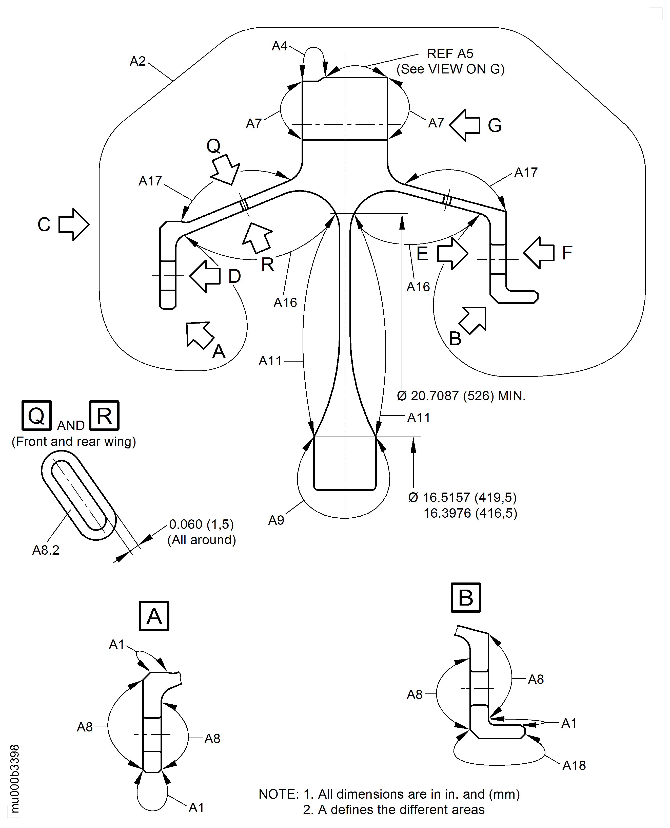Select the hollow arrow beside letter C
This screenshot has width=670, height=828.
tap(74, 224)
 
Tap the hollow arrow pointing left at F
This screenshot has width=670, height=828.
tap(538, 253)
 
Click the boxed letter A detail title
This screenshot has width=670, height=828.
tap(154, 616)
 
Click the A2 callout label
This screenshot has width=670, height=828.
tap(137, 61)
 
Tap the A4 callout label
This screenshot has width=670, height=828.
tap(280, 46)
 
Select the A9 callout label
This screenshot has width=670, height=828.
tap(276, 520)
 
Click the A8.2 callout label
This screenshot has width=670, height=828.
tap(46, 550)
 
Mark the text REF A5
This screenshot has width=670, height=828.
tap(450, 53)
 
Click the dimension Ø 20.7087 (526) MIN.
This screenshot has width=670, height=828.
tap(461, 396)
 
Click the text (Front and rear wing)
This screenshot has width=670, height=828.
tap(74, 441)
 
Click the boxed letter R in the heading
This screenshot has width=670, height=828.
tap(104, 416)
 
